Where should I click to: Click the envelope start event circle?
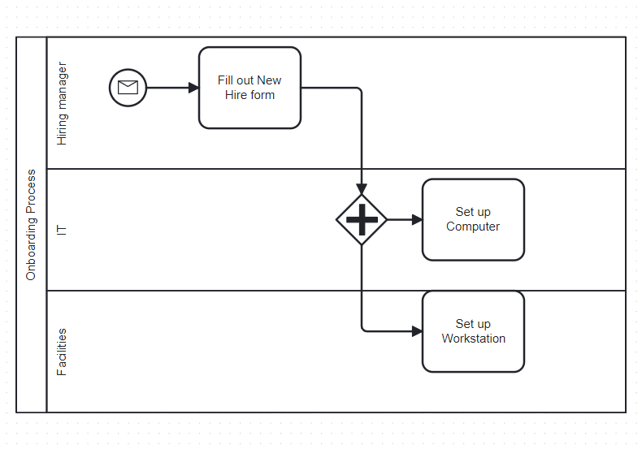click(x=128, y=88)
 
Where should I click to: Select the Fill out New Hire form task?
click(x=249, y=88)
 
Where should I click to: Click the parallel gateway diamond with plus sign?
click(x=362, y=219)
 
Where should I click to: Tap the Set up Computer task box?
click(x=473, y=219)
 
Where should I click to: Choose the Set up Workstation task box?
click(x=473, y=331)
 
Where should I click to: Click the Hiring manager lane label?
click(x=62, y=104)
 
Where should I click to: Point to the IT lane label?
click(x=62, y=230)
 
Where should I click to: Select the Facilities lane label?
click(x=62, y=352)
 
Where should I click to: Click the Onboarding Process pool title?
click(x=31, y=224)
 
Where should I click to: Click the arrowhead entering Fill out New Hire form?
click(x=194, y=88)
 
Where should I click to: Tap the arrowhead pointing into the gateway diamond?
click(x=362, y=189)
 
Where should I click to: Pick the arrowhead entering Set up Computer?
click(x=417, y=219)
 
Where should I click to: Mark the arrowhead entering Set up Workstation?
click(x=417, y=331)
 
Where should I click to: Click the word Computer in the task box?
click(x=473, y=227)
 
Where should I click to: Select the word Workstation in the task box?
click(x=474, y=339)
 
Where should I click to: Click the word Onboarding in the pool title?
click(x=31, y=247)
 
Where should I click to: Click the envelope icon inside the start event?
click(x=128, y=88)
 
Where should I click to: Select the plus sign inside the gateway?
click(x=362, y=219)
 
